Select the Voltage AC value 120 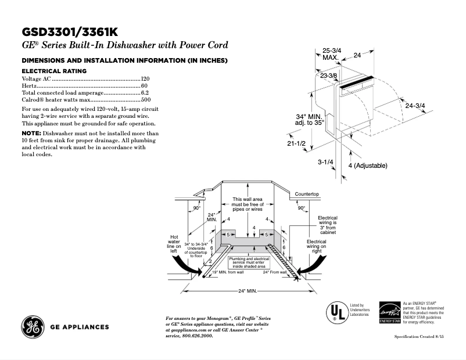coord(145,78)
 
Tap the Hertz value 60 coord(145,85)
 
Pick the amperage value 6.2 coord(145,93)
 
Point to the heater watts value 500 coord(145,100)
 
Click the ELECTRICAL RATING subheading coord(53,71)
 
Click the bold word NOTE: coord(31,134)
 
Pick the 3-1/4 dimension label coord(324,162)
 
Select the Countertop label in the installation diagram coord(307,193)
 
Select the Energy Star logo coord(390,312)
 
